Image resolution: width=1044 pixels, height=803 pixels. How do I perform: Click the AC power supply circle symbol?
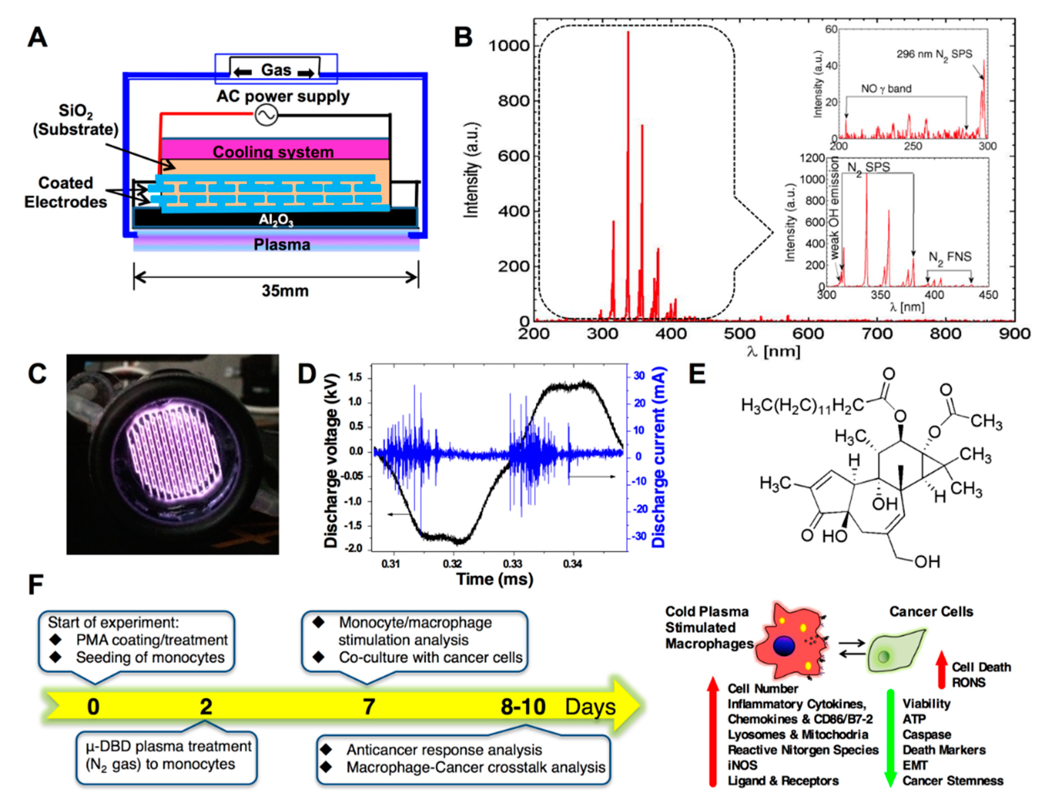click(x=266, y=115)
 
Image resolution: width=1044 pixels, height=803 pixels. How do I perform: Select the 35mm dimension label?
click(x=285, y=290)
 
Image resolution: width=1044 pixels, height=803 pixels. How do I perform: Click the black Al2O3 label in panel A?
click(x=276, y=219)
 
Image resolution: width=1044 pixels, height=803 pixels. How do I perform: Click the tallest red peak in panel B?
click(x=628, y=33)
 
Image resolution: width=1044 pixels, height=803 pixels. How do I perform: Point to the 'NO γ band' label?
click(x=886, y=89)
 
